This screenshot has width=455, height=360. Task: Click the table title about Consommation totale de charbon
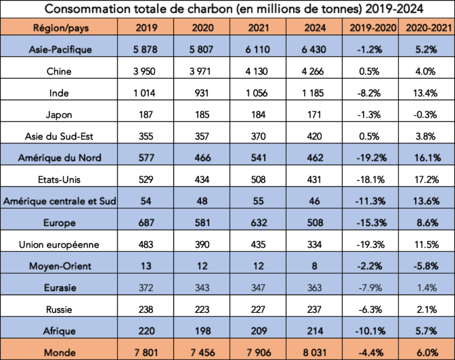pyautogui.click(x=227, y=9)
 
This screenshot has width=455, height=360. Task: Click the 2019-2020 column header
pyautogui.click(x=371, y=27)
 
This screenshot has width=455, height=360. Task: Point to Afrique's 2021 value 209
pyautogui.click(x=258, y=331)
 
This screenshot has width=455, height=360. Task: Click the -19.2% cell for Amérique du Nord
pyautogui.click(x=371, y=157)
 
